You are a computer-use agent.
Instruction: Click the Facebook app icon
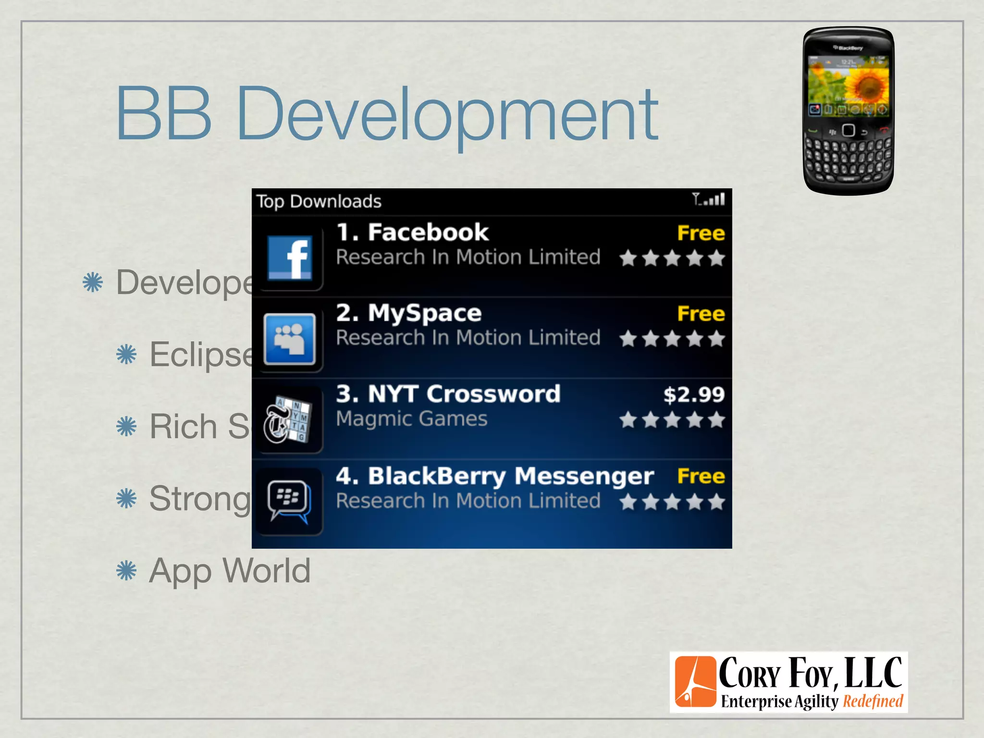pos(289,257)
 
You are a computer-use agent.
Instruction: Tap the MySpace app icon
pos(289,338)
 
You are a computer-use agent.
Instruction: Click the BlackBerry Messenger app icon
pos(289,501)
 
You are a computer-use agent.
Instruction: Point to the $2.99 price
pos(693,394)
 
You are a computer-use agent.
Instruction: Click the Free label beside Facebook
pos(701,233)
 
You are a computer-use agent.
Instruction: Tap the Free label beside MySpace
pos(701,314)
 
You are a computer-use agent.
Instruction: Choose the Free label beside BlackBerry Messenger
pos(701,476)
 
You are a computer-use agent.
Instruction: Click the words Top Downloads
pos(319,201)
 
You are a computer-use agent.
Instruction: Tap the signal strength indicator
pos(709,199)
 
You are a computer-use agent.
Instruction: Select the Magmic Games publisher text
pos(412,419)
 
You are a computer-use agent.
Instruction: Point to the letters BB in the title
pos(163,114)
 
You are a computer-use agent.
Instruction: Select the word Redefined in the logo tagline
pos(873,701)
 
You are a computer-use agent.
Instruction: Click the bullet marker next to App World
pos(126,571)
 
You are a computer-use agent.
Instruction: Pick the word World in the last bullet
pos(267,571)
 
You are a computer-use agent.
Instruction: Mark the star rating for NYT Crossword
pos(672,420)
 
